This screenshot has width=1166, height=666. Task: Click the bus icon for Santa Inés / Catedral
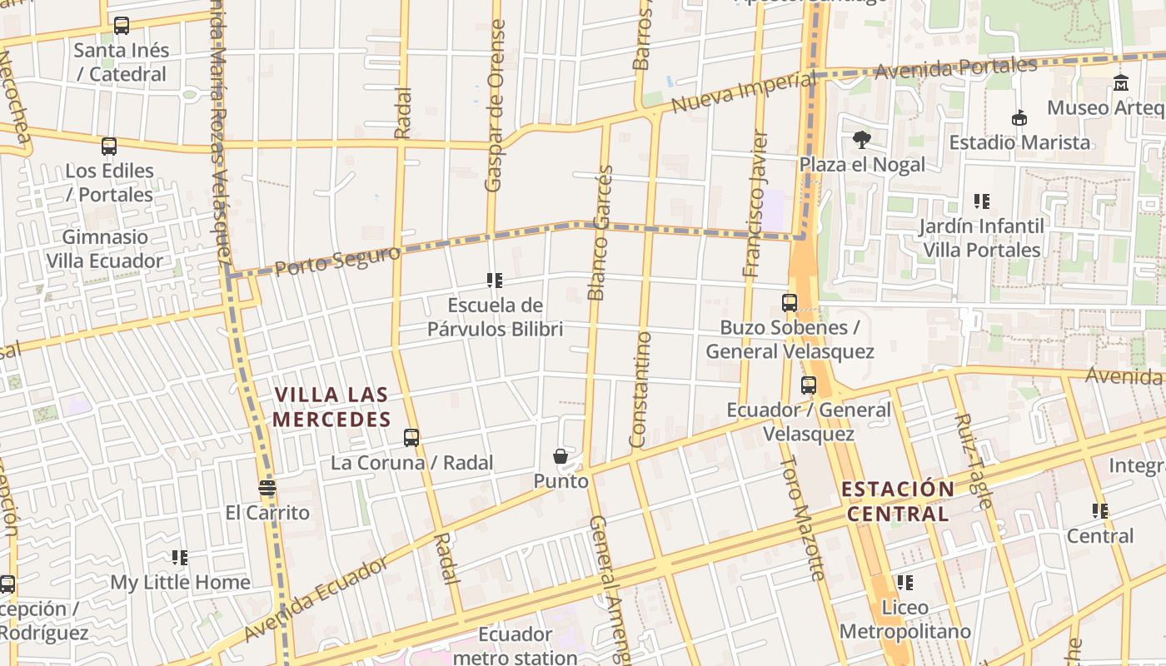(122, 26)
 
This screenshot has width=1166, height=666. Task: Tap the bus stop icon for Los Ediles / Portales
(109, 147)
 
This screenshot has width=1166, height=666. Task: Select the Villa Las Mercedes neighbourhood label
(331, 407)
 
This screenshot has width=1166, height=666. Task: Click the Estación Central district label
(898, 501)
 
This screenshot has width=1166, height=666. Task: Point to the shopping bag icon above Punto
(561, 456)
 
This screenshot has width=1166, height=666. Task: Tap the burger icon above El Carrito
(267, 488)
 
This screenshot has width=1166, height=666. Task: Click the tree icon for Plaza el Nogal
(861, 140)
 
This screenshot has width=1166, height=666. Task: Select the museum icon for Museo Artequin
(1121, 83)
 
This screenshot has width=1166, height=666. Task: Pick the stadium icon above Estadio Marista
(1019, 118)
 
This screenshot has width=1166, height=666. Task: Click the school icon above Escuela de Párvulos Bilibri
(495, 281)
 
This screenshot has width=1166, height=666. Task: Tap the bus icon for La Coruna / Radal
(411, 438)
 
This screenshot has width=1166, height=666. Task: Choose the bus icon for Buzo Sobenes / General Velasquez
(790, 303)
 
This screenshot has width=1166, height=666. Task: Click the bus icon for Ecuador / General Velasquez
(809, 385)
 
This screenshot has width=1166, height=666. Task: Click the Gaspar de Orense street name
(496, 106)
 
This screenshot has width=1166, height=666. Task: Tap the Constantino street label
(640, 389)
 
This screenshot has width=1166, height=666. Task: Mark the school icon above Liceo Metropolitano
(904, 583)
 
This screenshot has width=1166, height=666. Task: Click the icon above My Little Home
(180, 558)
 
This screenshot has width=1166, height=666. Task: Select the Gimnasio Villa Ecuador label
(105, 249)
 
